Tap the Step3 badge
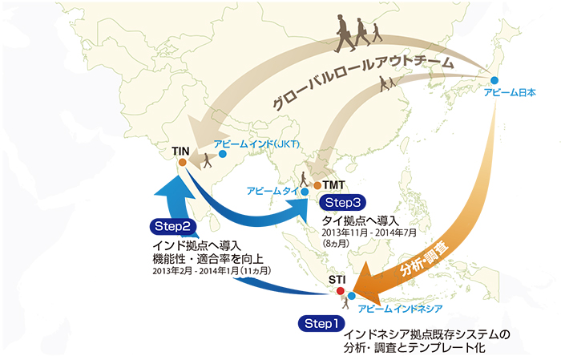(342, 202)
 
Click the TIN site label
(180, 150)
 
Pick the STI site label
(338, 278)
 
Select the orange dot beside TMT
(317, 185)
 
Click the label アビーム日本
(509, 94)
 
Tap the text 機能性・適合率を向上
(208, 257)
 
